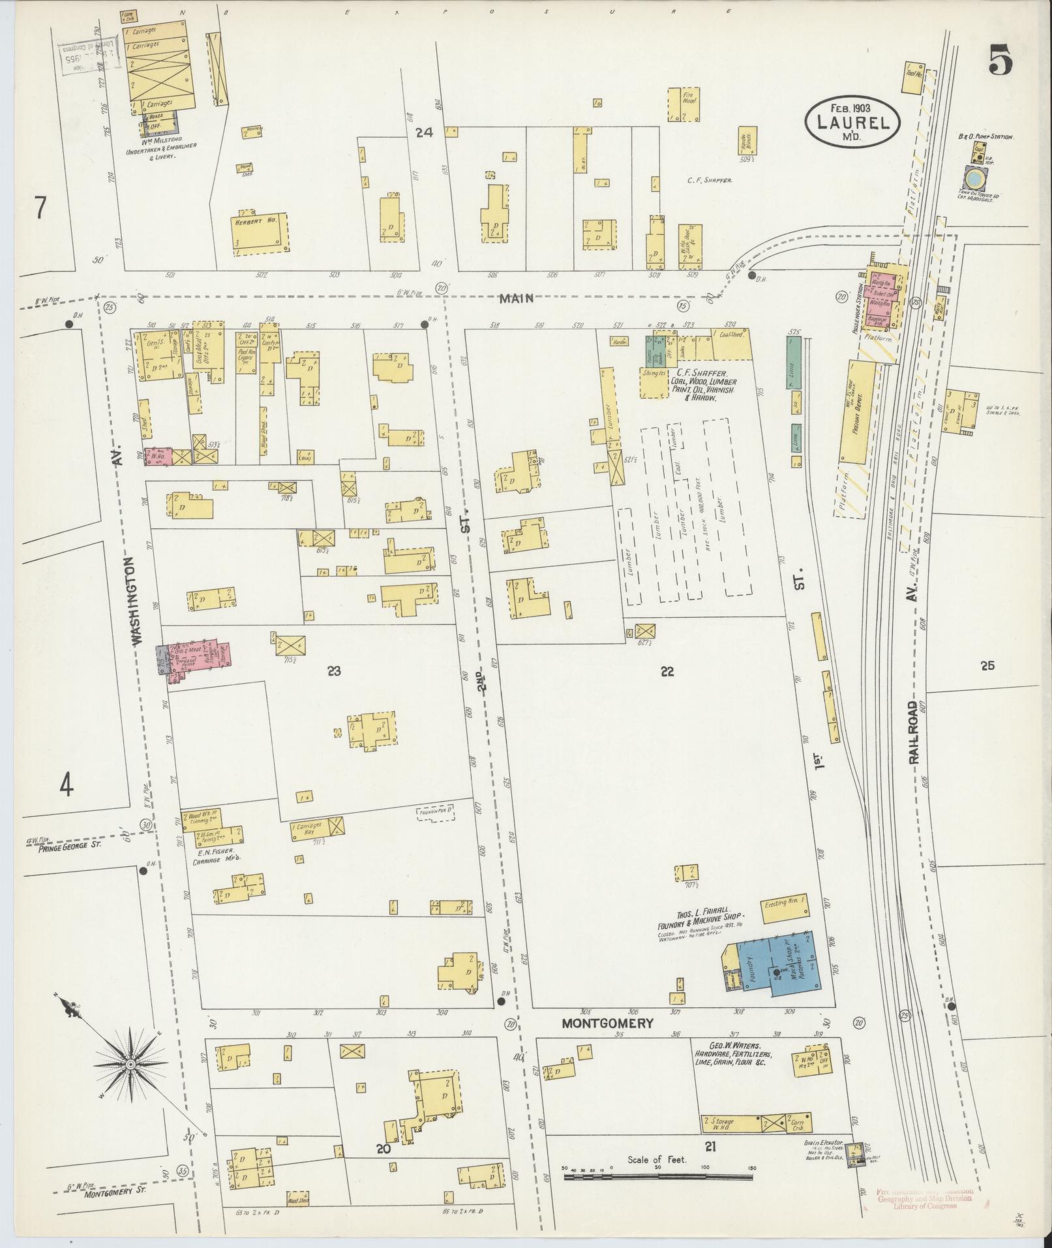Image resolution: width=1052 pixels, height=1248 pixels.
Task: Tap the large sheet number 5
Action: click(x=1000, y=61)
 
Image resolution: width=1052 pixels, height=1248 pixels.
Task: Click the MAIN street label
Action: click(x=517, y=299)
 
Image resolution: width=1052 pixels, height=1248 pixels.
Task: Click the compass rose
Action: click(x=130, y=1064)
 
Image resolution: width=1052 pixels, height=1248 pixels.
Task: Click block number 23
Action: click(x=334, y=670)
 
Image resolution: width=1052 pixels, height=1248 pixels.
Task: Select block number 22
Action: click(x=666, y=671)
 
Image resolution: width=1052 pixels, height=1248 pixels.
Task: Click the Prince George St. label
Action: click(x=63, y=848)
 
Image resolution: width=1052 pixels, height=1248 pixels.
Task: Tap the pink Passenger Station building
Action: click(x=881, y=297)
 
